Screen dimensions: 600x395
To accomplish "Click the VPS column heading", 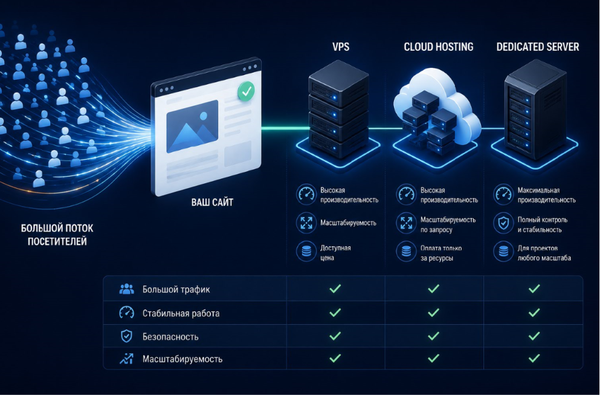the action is tap(341, 47).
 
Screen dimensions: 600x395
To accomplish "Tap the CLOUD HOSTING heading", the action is tap(439, 47).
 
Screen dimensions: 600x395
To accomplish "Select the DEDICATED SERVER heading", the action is tap(538, 47).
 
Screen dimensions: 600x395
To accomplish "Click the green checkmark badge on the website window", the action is tap(246, 91).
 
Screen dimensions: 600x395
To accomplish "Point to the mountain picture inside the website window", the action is tap(192, 126).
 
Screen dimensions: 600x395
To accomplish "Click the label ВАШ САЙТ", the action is tap(212, 202).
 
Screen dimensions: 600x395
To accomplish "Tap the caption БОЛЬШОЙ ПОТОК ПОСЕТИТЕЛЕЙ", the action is tap(57, 235).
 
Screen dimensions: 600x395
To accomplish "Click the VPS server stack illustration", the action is tap(338, 111).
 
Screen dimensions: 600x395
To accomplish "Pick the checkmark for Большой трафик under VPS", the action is tap(335, 289).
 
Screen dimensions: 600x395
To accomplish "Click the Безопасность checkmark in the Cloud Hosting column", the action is tap(434, 336).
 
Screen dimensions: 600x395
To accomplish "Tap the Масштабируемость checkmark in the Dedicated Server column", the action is tap(534, 358).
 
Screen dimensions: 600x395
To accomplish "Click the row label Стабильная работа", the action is tap(181, 313).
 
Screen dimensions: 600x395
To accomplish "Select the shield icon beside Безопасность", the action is tap(126, 336).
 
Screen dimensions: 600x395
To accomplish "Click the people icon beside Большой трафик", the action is tap(127, 289).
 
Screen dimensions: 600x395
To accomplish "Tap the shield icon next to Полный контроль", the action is tap(503, 223).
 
